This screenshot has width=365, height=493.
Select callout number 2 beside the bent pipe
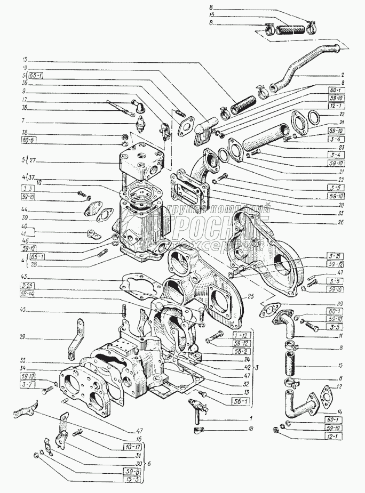pos(343,75)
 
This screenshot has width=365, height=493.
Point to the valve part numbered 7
pos(141,125)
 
